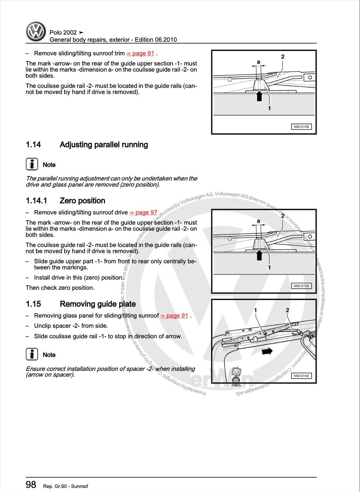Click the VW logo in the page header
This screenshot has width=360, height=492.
coord(36,32)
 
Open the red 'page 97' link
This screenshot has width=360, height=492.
coord(143,212)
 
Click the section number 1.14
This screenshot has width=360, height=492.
coord(33,145)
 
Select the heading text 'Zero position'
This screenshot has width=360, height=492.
coord(82,201)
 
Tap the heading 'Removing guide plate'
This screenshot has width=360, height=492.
coord(97,304)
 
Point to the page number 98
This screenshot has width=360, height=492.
coord(31,485)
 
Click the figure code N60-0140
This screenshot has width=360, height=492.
coord(301,376)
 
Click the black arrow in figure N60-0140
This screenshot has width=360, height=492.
coord(267,351)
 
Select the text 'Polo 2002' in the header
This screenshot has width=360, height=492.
coord(63,33)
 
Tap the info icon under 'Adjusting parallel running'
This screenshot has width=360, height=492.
coord(32,164)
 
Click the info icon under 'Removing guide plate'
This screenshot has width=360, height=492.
coord(32,354)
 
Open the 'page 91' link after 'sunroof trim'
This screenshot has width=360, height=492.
coord(140,53)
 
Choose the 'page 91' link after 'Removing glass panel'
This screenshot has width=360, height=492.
coord(174,316)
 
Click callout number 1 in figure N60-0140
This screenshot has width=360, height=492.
coord(255,310)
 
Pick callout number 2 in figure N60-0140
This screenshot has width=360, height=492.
coord(287,310)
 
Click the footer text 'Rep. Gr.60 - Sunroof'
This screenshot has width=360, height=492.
coord(66,486)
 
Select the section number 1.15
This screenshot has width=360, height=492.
coord(33,304)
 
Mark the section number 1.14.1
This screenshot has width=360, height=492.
coord(36,201)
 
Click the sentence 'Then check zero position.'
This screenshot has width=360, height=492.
coord(60,288)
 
